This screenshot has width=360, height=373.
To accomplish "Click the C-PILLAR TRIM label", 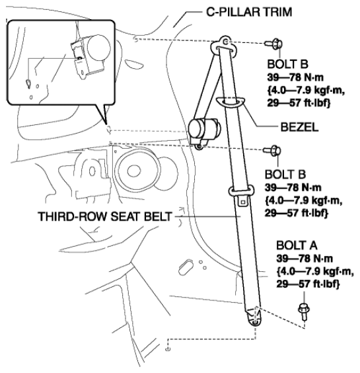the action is pos(249,12).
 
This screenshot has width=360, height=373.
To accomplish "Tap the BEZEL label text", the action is pos(299,127).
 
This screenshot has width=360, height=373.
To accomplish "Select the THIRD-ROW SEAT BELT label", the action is pos(105,216).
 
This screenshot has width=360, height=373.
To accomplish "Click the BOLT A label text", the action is pos(297,245).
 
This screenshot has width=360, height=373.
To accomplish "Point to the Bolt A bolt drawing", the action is pos(303,311).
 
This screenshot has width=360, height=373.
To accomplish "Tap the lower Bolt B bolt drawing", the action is pos(272,151).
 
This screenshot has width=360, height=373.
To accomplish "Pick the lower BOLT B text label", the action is pos(285,175).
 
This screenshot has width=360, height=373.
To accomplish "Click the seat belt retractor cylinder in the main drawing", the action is pos(203,130).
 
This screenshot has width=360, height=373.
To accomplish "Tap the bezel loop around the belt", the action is pos(231,102).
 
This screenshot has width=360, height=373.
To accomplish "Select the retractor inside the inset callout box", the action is pos(91,56).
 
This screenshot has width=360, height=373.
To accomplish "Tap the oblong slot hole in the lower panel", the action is pos(186,268).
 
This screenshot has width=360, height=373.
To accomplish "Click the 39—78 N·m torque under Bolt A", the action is pos(305,259).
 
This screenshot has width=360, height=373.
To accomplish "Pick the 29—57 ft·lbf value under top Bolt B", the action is pos(299,103).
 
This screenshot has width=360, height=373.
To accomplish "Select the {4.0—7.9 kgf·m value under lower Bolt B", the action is pos(303,200).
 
